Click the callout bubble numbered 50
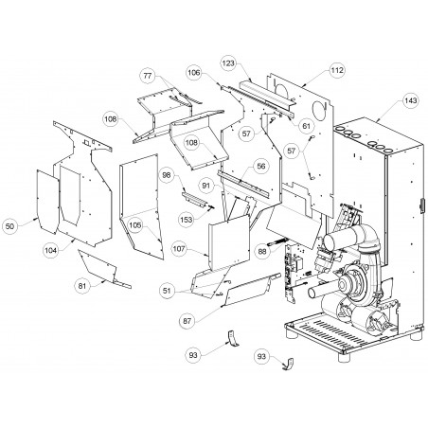[x=9, y=226]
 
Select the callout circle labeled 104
[x=51, y=250]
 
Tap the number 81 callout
[x=82, y=286]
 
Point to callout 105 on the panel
[x=135, y=225]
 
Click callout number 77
[x=148, y=76]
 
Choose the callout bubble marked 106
[x=194, y=73]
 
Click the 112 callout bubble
[x=337, y=70]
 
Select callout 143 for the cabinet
[x=411, y=100]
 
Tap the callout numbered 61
[x=306, y=126]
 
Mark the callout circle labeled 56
[x=261, y=166]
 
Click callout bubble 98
[x=167, y=175]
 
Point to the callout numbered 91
[x=205, y=186]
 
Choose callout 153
[x=187, y=219]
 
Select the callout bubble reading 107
[x=179, y=249]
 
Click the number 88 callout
[x=262, y=252]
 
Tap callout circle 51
[x=167, y=291]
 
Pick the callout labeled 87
[x=187, y=321]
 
